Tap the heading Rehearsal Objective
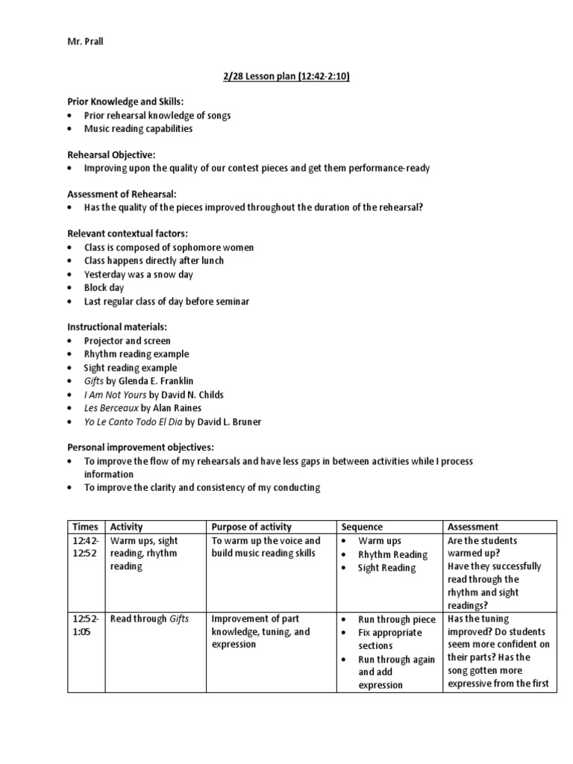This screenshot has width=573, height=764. pyautogui.click(x=111, y=154)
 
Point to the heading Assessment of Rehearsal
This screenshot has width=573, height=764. pyautogui.click(x=122, y=194)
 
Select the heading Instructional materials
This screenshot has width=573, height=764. pyautogui.click(x=117, y=328)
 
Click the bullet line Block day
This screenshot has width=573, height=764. pyautogui.click(x=104, y=287)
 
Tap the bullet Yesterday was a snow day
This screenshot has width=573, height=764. pyautogui.click(x=138, y=274)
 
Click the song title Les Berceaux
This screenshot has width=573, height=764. pyautogui.click(x=110, y=408)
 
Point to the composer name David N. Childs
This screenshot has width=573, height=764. pyautogui.click(x=192, y=395)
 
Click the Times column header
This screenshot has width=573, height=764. pyautogui.click(x=85, y=527)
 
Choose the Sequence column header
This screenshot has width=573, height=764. pyautogui.click(x=362, y=527)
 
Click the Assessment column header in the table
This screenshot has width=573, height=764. pyautogui.click(x=473, y=527)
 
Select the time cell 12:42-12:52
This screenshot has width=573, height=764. pyautogui.click(x=85, y=548)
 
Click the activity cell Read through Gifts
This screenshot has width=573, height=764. pyautogui.click(x=149, y=619)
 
